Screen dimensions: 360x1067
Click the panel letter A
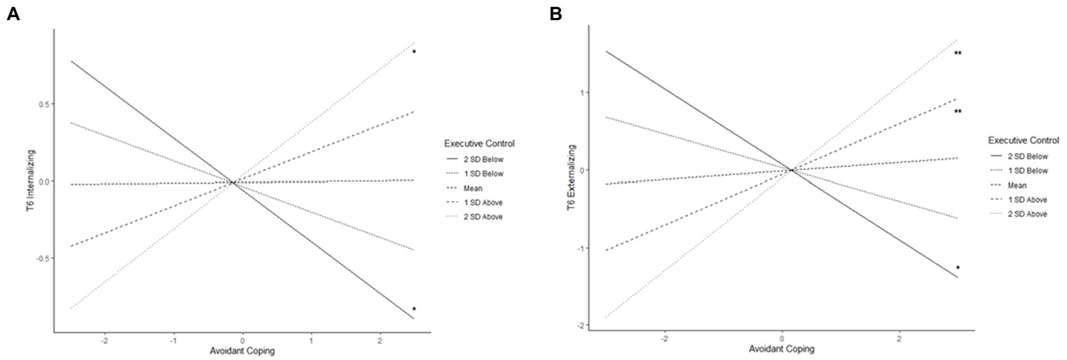tap(12, 14)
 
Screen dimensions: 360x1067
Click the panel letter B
tap(555, 14)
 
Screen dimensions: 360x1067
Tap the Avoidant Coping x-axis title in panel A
tap(242, 351)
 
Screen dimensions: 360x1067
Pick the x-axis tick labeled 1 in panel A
tap(311, 342)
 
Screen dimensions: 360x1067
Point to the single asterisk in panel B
tap(958, 268)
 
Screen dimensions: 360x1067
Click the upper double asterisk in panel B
tap(958, 54)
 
